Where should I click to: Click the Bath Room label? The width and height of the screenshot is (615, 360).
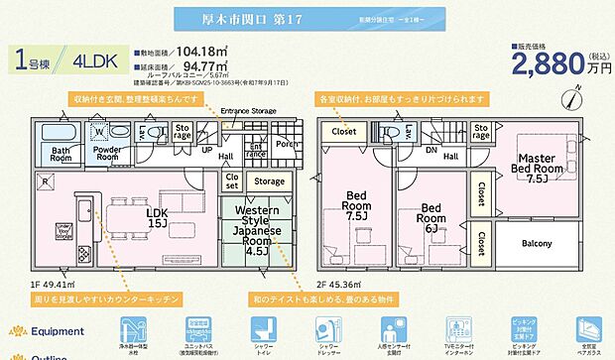pyautogui.click(x=56, y=155)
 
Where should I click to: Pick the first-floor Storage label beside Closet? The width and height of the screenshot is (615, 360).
pyautogui.click(x=269, y=181)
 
